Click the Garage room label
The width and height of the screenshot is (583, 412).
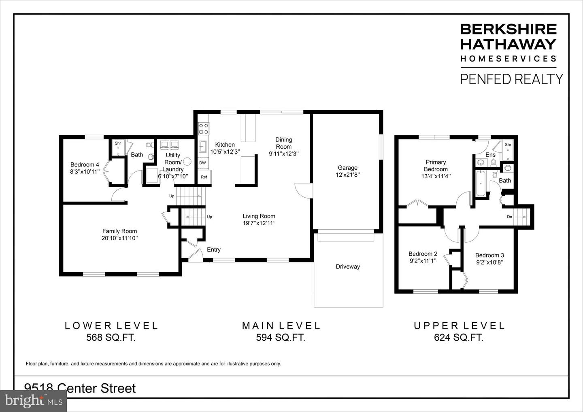[x=347, y=168]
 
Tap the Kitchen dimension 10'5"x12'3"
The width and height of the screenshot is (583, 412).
[x=225, y=152]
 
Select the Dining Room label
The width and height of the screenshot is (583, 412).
[x=283, y=143]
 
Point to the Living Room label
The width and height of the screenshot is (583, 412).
[x=259, y=216]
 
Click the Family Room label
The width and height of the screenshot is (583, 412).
[x=119, y=231]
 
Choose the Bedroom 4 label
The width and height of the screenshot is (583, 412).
[x=85, y=164]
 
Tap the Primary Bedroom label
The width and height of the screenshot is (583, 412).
[x=436, y=166]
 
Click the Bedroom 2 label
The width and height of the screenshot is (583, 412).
[x=423, y=254]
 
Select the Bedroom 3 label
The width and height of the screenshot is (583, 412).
[x=489, y=255]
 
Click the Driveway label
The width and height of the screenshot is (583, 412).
[x=348, y=267]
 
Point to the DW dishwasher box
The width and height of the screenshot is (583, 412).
[x=202, y=163]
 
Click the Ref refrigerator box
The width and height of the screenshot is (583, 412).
[x=204, y=177]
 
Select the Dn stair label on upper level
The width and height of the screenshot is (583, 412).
[x=509, y=217]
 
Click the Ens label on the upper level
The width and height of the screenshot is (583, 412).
[x=490, y=155]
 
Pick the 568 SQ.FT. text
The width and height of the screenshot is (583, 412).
[x=111, y=337]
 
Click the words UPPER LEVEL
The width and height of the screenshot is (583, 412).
[x=459, y=325]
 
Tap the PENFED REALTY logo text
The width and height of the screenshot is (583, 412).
[x=511, y=79]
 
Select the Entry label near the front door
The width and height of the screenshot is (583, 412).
[x=214, y=250]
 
